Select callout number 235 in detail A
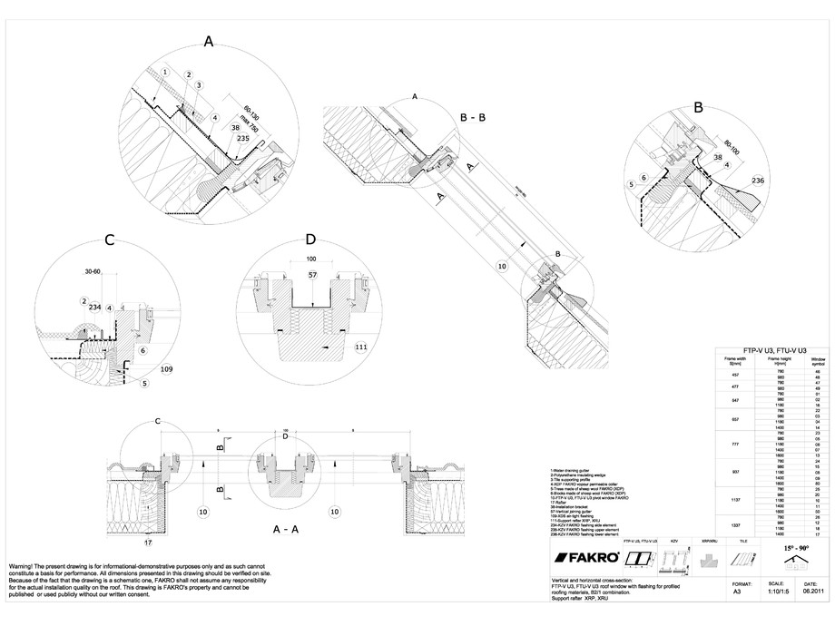pyautogui.click(x=242, y=139)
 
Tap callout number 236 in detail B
pyautogui.click(x=756, y=181)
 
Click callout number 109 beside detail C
pyautogui.click(x=165, y=370)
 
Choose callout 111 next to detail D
pyautogui.click(x=360, y=347)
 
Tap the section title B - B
pyautogui.click(x=477, y=116)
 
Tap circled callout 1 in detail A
pyautogui.click(x=165, y=71)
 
